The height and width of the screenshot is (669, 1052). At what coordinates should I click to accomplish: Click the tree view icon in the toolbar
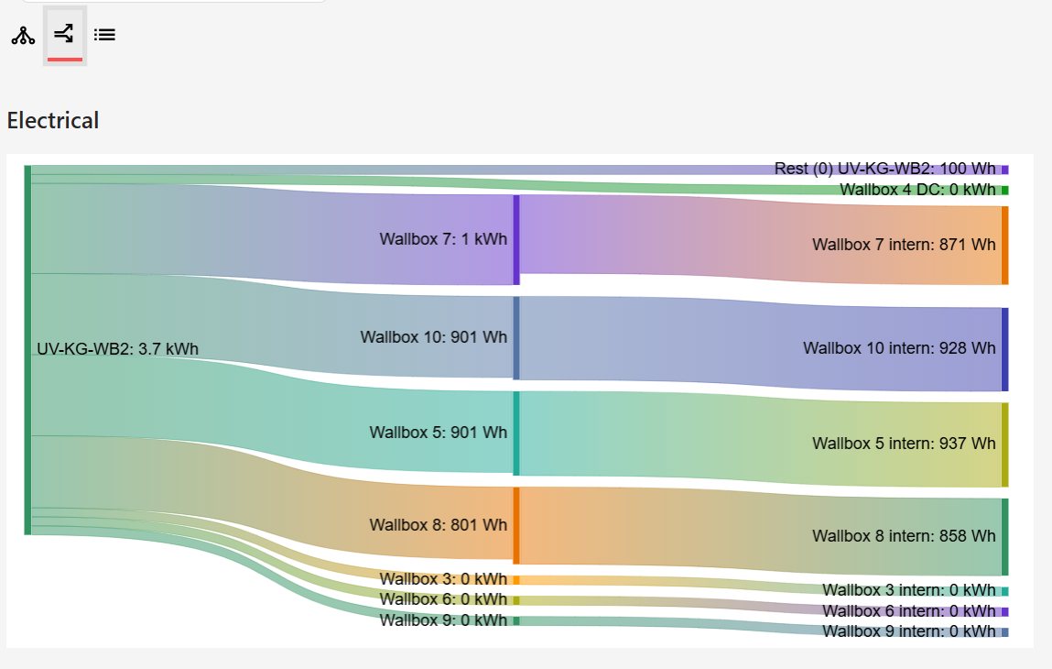pos(23,36)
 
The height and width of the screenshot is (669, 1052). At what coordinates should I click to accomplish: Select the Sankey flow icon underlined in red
pos(64,36)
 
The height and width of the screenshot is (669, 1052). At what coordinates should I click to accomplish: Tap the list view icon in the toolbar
pos(105,36)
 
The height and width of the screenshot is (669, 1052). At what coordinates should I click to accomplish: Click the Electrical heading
pos(53,120)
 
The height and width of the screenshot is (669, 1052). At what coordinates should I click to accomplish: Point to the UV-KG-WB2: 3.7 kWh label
pos(117,349)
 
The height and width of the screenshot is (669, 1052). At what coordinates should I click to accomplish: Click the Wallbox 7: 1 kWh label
pos(443,239)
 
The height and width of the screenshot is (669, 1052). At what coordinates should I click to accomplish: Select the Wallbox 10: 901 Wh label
pos(434,337)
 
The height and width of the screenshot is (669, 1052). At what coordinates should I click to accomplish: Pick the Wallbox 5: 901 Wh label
pos(439,433)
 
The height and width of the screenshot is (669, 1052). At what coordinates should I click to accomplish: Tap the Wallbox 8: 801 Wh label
pos(439,525)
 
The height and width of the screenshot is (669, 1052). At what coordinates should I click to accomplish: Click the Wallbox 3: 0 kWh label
pos(443,579)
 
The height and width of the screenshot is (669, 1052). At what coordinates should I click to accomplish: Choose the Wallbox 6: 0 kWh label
pos(443,599)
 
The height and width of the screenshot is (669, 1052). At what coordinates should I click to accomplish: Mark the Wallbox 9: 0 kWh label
pos(443,620)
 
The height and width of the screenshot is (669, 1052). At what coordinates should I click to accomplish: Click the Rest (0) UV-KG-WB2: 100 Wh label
pos(884,169)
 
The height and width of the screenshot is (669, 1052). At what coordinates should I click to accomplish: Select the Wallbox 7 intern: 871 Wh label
pos(904,245)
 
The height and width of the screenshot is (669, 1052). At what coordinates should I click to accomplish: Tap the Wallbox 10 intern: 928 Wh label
pos(899,348)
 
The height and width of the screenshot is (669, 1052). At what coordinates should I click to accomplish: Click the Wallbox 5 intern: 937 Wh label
pos(904,444)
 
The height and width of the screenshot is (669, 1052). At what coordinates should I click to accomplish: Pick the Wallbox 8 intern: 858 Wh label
pos(904,535)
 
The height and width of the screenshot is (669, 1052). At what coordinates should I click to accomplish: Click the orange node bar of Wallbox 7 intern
pos(1004,246)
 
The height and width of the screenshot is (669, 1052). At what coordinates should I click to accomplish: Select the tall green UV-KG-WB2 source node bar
pos(27,349)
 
